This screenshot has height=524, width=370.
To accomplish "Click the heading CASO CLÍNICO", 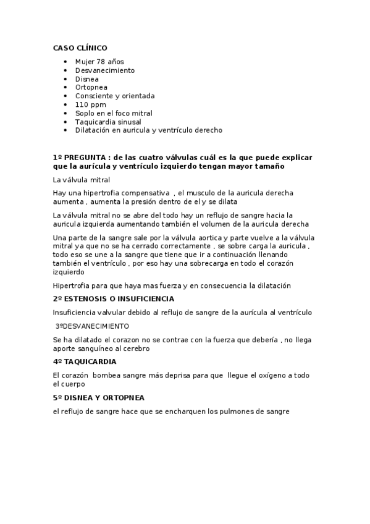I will click(80, 47).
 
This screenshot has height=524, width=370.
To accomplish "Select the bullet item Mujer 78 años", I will click(99, 62).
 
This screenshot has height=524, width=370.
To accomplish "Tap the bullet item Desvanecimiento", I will click(105, 70).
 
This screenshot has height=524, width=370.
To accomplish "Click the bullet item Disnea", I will click(87, 79).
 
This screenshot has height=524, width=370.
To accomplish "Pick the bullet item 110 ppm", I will click(91, 105).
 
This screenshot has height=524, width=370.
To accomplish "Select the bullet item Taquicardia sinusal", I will click(108, 122).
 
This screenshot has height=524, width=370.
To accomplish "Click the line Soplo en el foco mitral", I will click(114, 114).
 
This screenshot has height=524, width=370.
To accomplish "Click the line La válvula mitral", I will click(82, 180).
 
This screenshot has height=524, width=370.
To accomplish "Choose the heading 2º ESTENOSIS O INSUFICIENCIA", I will click(113, 298).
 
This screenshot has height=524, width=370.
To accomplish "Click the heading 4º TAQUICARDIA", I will click(85, 361).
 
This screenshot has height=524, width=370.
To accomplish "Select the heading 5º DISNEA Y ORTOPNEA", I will click(99, 398).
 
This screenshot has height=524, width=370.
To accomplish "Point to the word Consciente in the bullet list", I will click(96, 96).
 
